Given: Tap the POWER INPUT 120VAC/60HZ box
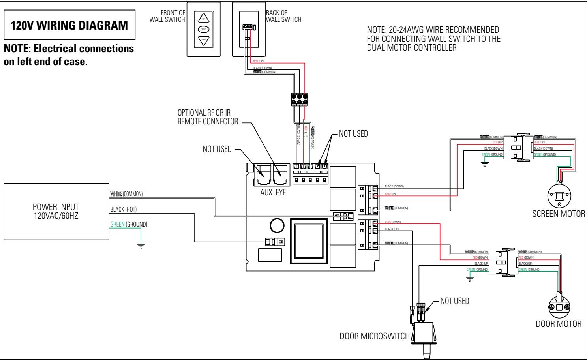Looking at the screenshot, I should [x=56, y=211].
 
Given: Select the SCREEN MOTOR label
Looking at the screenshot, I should [x=558, y=214].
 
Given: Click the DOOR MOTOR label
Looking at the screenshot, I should [x=558, y=324].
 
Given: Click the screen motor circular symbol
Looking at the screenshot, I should [x=560, y=196].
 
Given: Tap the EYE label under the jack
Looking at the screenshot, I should [x=280, y=193].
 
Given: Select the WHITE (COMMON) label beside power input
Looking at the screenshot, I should [x=126, y=194].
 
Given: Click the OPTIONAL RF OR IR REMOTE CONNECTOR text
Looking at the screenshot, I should [x=208, y=117].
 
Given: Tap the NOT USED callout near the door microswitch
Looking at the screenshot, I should [x=454, y=301].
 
